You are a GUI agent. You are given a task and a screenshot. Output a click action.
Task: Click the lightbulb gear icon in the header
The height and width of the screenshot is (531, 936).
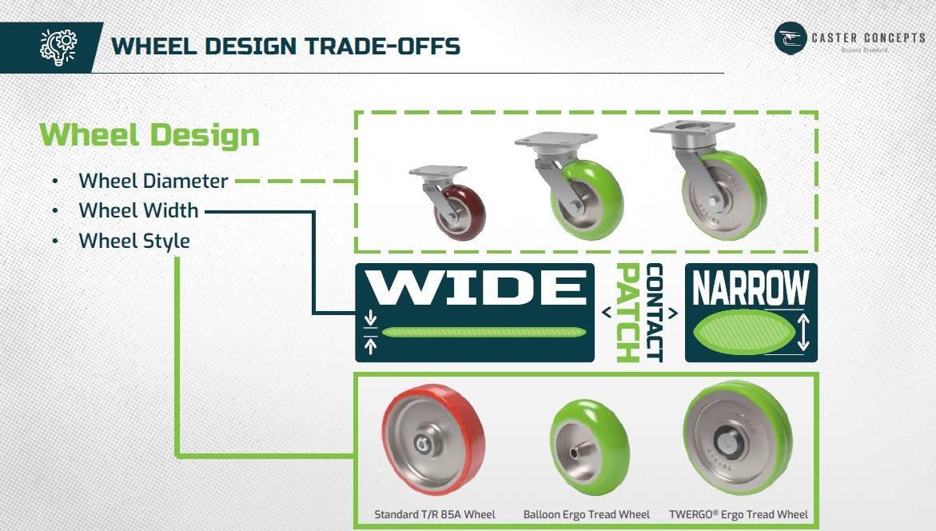(x=58, y=46)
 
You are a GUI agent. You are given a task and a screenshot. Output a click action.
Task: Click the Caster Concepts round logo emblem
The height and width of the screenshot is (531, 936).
(x=791, y=38)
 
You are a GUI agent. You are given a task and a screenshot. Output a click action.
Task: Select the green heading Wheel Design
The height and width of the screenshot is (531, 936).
(x=149, y=135)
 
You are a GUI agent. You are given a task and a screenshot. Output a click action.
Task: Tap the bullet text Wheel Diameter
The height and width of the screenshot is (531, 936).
(x=153, y=181)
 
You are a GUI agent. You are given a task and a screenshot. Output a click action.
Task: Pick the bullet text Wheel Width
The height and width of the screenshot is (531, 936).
(x=138, y=210)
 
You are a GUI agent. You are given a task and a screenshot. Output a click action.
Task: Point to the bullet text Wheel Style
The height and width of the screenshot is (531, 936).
(x=134, y=241)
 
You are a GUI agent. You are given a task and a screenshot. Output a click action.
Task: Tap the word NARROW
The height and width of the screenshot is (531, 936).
(x=751, y=289)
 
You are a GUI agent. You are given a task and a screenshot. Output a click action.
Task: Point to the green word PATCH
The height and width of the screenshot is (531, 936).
(x=628, y=313)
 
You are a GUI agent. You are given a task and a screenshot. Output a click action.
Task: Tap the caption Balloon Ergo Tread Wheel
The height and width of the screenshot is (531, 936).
(x=587, y=514)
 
